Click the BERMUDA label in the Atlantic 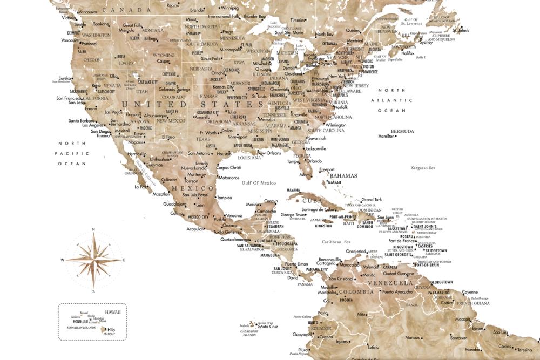[403, 131]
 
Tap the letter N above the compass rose [93, 229]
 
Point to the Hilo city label [111, 329]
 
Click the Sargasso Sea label [424, 168]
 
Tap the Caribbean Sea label [337, 242]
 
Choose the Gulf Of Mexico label [259, 183]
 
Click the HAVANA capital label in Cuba [293, 190]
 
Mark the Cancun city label [271, 201]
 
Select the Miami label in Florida [306, 175]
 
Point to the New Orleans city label [269, 153]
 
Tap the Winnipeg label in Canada [230, 9]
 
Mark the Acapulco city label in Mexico [195, 228]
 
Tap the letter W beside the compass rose [63, 260]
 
